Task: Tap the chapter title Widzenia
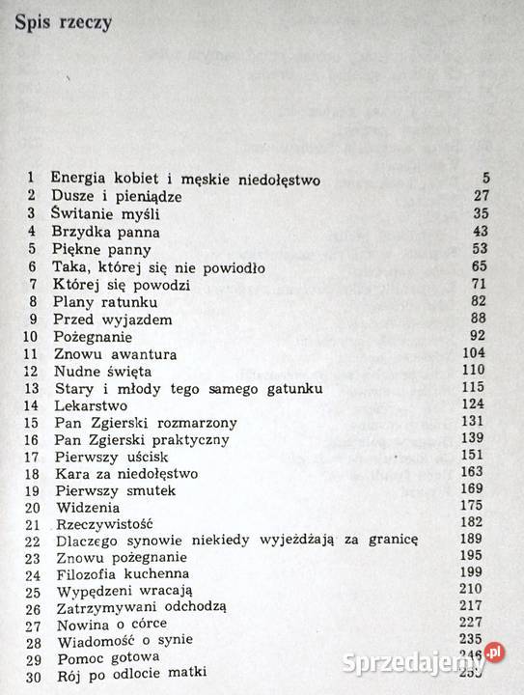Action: pyautogui.click(x=89, y=510)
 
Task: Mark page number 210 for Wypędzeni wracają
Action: pyautogui.click(x=481, y=596)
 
